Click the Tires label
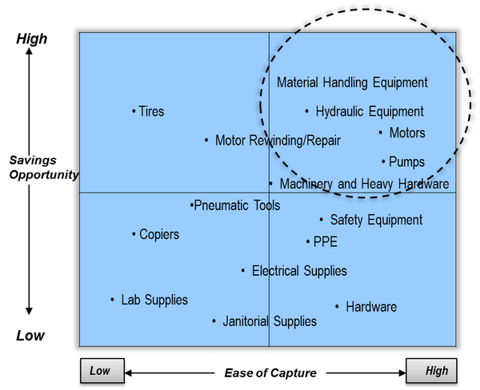[x=151, y=111]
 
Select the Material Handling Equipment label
[x=352, y=82]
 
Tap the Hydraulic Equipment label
[x=370, y=112]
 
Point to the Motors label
[x=407, y=133]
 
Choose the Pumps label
[x=406, y=162]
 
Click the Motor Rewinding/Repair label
[x=278, y=141]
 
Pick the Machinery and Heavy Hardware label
[x=364, y=184]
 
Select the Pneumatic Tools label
[x=238, y=205]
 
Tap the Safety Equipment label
[x=376, y=220]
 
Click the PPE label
[x=326, y=241]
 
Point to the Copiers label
[x=159, y=234]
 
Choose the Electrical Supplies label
[x=299, y=271]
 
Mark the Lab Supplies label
[x=154, y=300]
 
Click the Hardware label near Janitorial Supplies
[x=371, y=307]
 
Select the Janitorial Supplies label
[x=270, y=321]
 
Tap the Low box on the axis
[x=100, y=371]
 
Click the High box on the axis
[x=437, y=371]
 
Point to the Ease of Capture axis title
[x=270, y=372]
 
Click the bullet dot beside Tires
[x=134, y=111]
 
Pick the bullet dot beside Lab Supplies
[x=113, y=300]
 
